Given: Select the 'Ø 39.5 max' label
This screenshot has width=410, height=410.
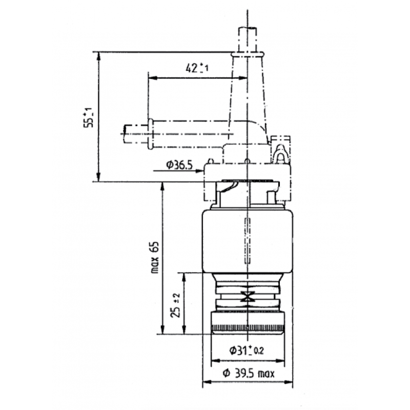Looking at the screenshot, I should click(x=248, y=374).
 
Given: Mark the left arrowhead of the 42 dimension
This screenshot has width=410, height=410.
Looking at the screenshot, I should click(x=151, y=78).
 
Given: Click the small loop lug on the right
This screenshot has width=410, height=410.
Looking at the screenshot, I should click(x=280, y=152).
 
